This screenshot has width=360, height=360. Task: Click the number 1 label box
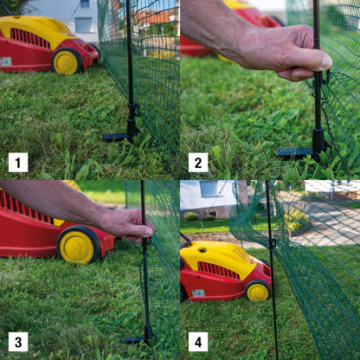coord(18,163)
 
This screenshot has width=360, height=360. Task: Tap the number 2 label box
coord(198,163)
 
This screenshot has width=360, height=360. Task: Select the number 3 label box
coord(18,342)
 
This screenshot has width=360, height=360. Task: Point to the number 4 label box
coord(198,342)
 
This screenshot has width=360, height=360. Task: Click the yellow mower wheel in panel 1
coord(66,61)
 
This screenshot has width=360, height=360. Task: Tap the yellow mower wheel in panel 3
coord(77,246)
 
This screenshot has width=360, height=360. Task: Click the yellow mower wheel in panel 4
coord(258,292)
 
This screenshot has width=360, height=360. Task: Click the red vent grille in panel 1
coord(29,38)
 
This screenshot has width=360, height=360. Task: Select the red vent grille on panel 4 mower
coord(218,270)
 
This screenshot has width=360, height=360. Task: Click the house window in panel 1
coord(83,25)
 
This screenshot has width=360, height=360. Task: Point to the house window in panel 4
coord(209,190)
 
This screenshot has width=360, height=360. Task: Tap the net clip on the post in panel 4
coord(272,243)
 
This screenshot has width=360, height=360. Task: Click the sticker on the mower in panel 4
coord(198,293)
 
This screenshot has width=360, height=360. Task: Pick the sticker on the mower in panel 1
coord(6,61)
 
